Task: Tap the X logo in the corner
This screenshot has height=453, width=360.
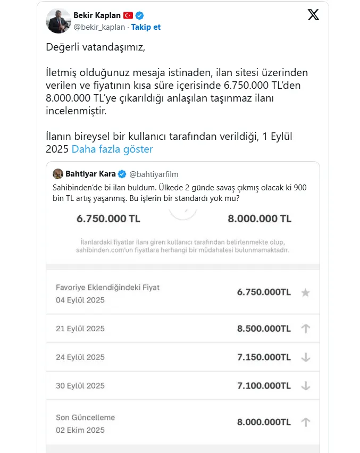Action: [313, 15]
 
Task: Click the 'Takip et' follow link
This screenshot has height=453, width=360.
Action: [146, 27]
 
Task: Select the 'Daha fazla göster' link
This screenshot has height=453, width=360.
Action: [112, 149]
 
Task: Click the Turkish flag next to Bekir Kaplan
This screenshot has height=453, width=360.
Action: [128, 15]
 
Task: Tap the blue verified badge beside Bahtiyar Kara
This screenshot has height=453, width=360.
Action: [122, 174]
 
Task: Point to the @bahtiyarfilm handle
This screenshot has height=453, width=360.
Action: [154, 174]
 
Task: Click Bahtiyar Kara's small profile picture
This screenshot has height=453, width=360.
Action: [58, 174]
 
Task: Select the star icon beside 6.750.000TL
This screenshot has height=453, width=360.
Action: [305, 292]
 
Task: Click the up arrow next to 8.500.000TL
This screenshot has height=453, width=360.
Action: [305, 329]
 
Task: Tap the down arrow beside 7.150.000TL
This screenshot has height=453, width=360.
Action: [305, 357]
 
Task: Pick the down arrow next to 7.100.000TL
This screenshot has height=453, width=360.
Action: [305, 386]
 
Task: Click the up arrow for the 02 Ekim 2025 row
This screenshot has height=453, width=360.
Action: [305, 422]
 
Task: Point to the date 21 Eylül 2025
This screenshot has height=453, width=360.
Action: [80, 329]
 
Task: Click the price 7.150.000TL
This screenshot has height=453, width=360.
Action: [264, 357]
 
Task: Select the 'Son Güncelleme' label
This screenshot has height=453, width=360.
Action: [86, 417]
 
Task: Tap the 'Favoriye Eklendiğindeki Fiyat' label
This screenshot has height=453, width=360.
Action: [107, 287]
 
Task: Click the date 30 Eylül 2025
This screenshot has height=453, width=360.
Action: [80, 386]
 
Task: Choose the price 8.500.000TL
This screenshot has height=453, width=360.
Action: [264, 329]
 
